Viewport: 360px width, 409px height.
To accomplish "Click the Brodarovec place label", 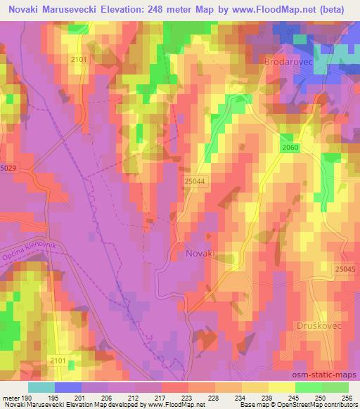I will pyautogui.click(x=287, y=63).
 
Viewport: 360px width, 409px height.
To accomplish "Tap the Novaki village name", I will pyautogui.click(x=201, y=252).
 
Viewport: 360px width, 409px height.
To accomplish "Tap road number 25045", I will pyautogui.click(x=346, y=270).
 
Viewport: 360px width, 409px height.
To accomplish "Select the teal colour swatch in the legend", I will pyautogui.click(x=41, y=387).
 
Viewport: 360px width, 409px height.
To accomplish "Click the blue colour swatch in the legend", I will pyautogui.click(x=68, y=387).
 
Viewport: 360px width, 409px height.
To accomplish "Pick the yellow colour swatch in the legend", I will pyautogui.click(x=281, y=387).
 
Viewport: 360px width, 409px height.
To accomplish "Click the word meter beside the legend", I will pyautogui.click(x=9, y=398).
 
